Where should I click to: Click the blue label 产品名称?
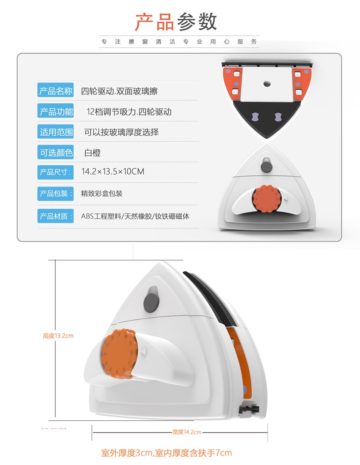click(56, 90)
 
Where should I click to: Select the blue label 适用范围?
click(56, 132)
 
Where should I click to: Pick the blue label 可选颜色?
click(56, 152)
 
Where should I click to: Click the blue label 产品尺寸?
click(56, 172)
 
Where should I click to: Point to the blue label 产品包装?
click(56, 194)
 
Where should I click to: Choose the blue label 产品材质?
click(56, 216)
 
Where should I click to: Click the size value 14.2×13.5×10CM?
click(113, 171)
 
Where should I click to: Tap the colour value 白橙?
click(93, 153)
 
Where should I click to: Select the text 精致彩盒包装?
click(102, 194)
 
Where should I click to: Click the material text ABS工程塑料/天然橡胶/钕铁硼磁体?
click(135, 216)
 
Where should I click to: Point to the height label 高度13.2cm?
click(58, 336)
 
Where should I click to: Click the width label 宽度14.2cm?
click(187, 432)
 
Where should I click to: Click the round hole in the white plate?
click(267, 84)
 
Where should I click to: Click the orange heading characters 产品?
click(154, 21)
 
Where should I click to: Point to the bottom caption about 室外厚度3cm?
click(166, 453)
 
